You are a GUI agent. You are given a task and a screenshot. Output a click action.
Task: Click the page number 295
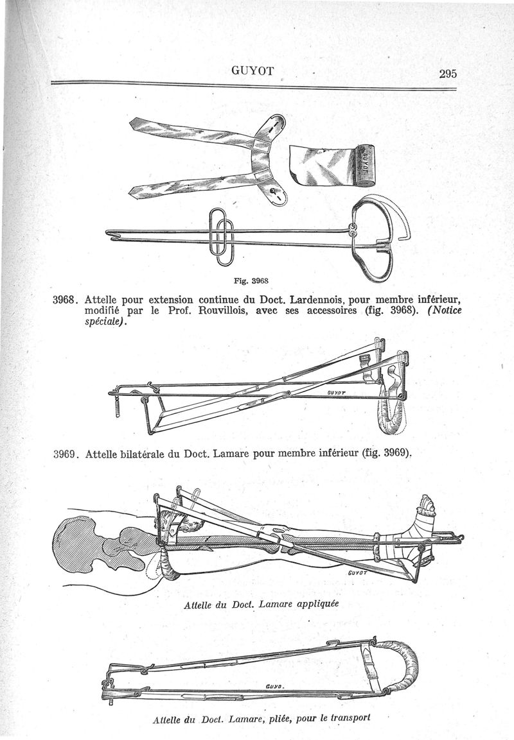[448, 73]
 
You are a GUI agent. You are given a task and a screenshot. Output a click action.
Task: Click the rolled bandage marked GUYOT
[334, 166]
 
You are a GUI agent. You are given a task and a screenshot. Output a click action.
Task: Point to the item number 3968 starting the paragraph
[64, 300]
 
